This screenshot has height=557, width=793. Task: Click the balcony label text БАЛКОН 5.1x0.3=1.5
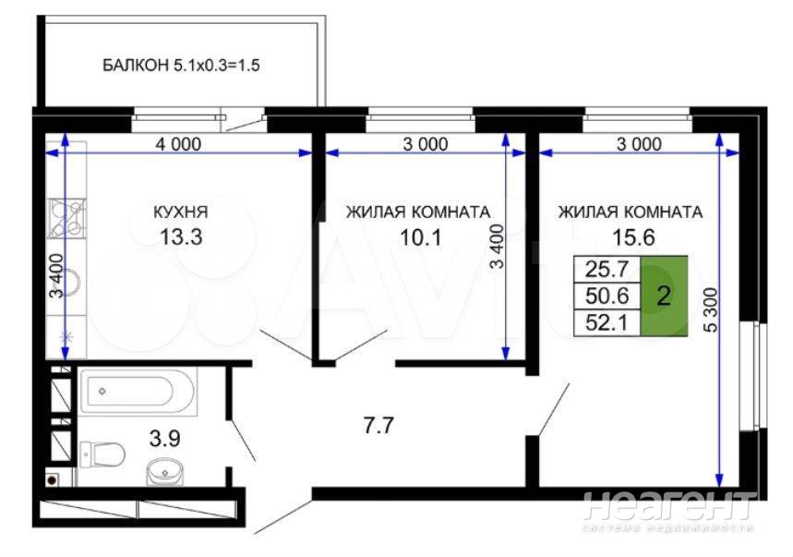point(181,66)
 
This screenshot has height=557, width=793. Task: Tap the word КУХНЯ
point(181,212)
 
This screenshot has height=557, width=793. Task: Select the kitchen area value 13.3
point(181,236)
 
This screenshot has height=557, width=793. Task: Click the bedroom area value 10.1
point(421,236)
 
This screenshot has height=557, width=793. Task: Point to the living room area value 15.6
point(633,236)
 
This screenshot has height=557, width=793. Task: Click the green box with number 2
point(664,296)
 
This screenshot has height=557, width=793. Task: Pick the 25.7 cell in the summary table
point(607,269)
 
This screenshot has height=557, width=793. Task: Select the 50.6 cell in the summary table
point(607,296)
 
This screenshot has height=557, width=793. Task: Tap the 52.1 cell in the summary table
point(607,322)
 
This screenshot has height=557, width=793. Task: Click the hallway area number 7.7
point(378,425)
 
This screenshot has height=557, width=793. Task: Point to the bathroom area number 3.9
point(165,438)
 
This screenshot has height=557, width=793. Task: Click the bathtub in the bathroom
point(137,391)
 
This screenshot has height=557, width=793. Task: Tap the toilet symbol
point(102,454)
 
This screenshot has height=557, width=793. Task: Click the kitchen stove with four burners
point(66,219)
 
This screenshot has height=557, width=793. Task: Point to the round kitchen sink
point(67,283)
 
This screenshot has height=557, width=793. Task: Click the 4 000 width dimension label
point(178,144)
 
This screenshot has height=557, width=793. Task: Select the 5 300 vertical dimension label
point(711,309)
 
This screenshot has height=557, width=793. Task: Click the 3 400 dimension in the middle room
point(498,247)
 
